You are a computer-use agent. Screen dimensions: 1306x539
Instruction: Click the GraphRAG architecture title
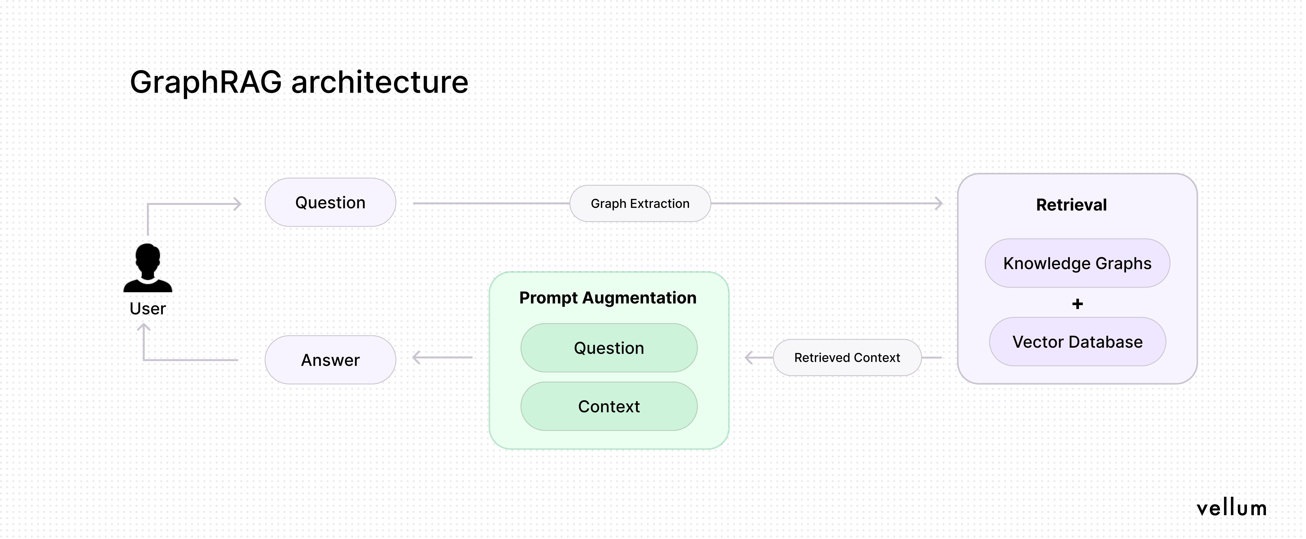click(299, 82)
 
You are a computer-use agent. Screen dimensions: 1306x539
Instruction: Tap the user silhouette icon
click(147, 268)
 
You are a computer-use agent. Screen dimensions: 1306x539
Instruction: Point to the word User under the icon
click(147, 309)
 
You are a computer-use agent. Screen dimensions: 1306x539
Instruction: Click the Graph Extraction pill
click(640, 204)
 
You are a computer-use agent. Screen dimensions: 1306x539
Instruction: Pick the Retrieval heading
click(1071, 205)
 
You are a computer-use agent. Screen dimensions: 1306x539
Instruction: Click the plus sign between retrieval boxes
click(1077, 304)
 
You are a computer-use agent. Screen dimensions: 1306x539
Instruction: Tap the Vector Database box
click(1077, 342)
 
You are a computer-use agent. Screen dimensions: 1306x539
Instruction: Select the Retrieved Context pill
click(847, 358)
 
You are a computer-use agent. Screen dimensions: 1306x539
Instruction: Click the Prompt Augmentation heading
click(608, 298)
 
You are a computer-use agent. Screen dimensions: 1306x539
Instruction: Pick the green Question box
click(609, 348)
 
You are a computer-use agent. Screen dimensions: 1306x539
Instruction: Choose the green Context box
click(609, 406)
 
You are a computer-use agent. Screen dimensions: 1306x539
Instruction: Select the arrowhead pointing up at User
click(144, 327)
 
